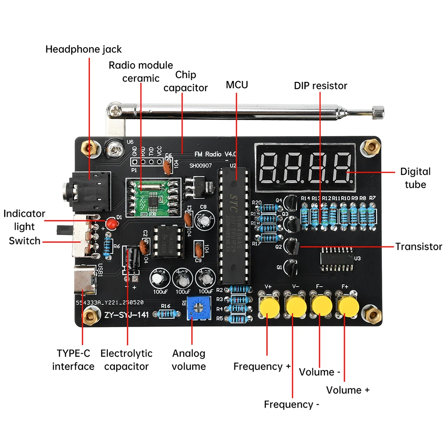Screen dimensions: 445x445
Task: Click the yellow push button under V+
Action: pos(269,307)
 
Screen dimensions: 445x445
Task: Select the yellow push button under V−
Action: pos(295,307)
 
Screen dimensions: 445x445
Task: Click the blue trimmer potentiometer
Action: pos(196,310)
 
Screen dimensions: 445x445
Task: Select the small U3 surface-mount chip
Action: pos(338,258)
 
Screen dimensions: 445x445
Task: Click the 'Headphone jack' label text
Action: pos(83,49)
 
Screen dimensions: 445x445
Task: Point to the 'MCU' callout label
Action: pos(237,85)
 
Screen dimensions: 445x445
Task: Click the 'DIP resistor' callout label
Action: pos(320,85)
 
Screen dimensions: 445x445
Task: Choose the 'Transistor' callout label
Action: pos(418,247)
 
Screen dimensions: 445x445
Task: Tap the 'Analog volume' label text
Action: pos(189,360)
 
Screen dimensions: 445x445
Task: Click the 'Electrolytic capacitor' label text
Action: pos(126,360)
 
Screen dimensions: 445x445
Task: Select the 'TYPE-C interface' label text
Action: pos(73,360)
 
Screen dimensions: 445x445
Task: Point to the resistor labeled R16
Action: pos(166,314)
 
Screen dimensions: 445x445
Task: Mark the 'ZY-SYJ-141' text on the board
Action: pos(126,315)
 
